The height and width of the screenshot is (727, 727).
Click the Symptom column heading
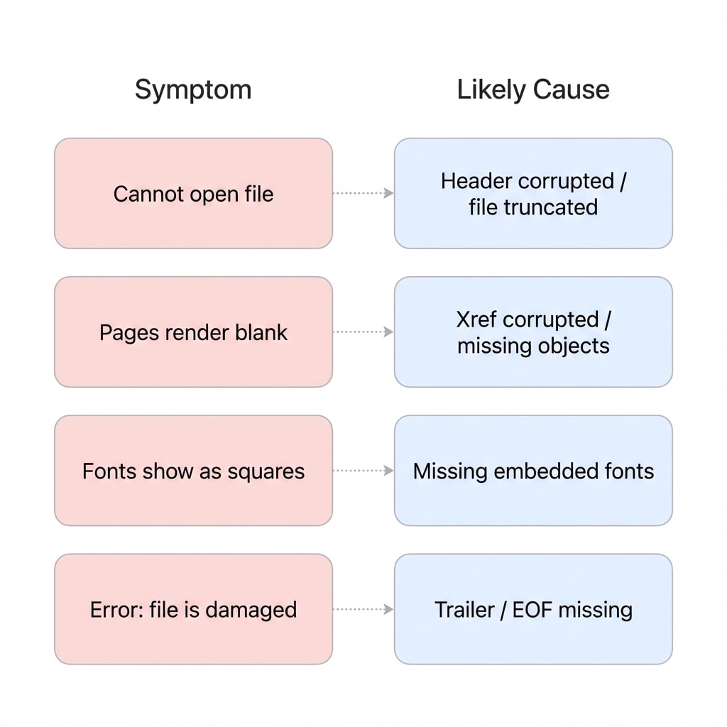click(193, 90)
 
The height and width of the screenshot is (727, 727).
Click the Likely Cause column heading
click(532, 90)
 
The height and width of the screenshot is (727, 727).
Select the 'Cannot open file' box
click(193, 194)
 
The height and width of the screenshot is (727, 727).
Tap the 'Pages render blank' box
click(193, 332)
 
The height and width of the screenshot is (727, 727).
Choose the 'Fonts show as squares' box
click(193, 471)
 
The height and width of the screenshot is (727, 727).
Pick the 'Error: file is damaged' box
click(193, 609)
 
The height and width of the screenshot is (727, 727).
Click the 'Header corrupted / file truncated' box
click(533, 194)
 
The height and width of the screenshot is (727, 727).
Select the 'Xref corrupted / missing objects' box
click(533, 332)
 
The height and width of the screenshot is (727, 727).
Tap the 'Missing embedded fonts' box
click(533, 471)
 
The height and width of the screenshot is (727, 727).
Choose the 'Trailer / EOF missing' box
click(533, 609)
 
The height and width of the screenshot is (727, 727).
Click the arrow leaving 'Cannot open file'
click(363, 193)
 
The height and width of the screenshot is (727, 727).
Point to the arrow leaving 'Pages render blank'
click(363, 332)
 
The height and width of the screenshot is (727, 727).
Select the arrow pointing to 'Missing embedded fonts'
click(363, 470)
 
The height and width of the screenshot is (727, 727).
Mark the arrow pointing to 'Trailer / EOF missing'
click(363, 608)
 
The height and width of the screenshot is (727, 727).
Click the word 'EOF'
click(540, 610)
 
